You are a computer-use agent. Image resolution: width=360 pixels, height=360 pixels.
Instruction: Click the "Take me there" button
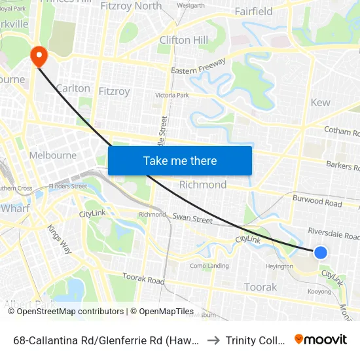click(x=180, y=160)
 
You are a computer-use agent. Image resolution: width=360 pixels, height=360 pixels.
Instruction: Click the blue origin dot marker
click(x=320, y=252)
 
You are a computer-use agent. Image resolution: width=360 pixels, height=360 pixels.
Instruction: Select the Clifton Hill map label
click(x=184, y=40)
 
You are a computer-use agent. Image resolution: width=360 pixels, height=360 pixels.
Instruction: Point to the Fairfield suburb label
click(x=253, y=11)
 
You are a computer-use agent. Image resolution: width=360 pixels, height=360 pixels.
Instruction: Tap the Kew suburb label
click(x=321, y=102)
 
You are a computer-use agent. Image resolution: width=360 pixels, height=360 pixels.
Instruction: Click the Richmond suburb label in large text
click(x=203, y=185)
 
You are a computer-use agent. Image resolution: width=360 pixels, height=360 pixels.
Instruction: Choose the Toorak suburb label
click(x=261, y=287)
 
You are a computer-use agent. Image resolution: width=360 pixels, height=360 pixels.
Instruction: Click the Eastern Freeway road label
click(x=198, y=66)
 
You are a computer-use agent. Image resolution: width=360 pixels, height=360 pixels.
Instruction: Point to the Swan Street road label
click(x=192, y=219)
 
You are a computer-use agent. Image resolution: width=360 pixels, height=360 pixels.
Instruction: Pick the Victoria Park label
click(x=171, y=95)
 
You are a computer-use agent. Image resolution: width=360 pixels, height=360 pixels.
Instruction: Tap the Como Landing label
click(x=209, y=266)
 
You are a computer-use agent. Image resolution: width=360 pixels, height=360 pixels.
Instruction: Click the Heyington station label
click(x=279, y=266)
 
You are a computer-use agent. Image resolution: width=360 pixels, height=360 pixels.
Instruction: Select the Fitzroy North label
click(x=132, y=6)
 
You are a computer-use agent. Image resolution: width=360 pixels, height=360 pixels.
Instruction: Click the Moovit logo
click(x=321, y=339)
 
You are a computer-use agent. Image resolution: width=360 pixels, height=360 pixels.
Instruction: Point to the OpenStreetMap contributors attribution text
click(x=65, y=312)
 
